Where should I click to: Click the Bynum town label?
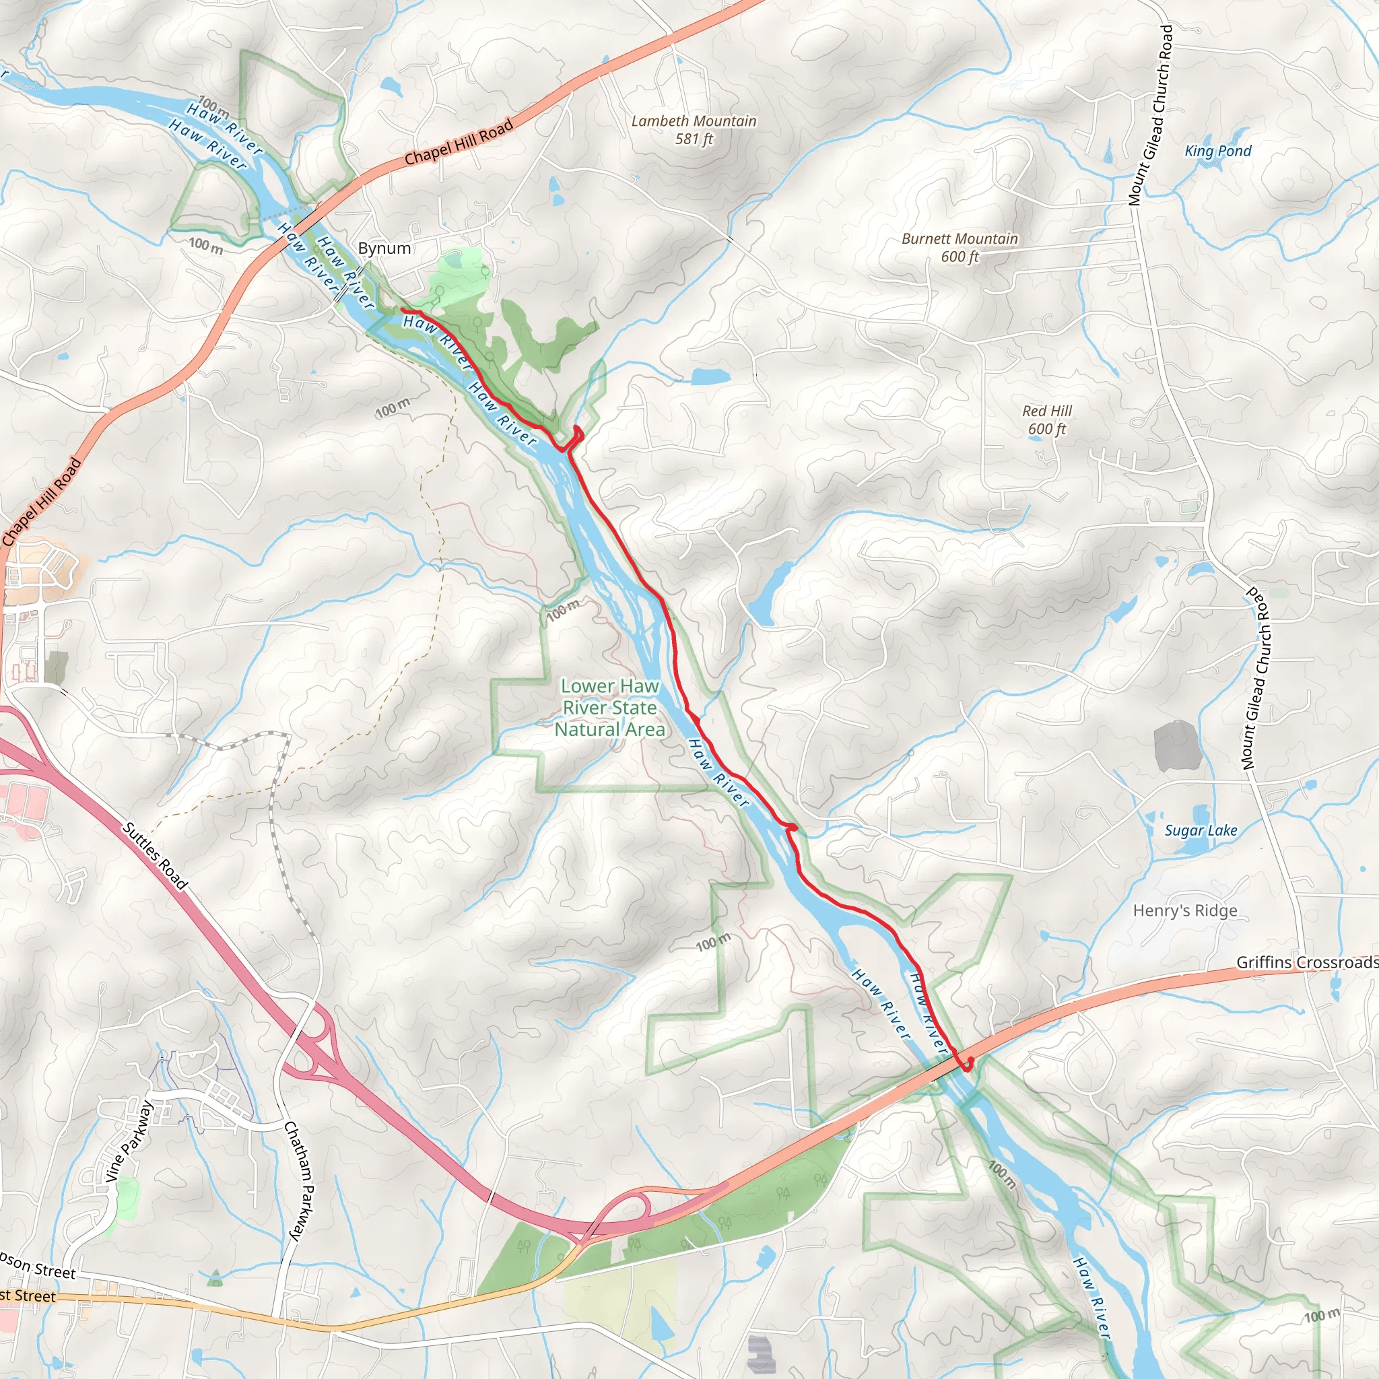[384, 248]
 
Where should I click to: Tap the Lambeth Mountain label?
[694, 121]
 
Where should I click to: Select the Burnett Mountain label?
[960, 239]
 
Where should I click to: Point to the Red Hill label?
[1046, 411]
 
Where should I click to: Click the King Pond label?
[1217, 152]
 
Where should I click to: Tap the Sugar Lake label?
[1201, 830]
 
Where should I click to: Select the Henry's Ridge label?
[1185, 911]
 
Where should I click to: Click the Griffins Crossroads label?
[1306, 962]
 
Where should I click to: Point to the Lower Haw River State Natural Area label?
[609, 708]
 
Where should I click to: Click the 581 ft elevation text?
[694, 139]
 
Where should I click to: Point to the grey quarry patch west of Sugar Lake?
[1177, 746]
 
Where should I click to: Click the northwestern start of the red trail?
[404, 310]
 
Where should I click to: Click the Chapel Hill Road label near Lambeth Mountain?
[459, 142]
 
